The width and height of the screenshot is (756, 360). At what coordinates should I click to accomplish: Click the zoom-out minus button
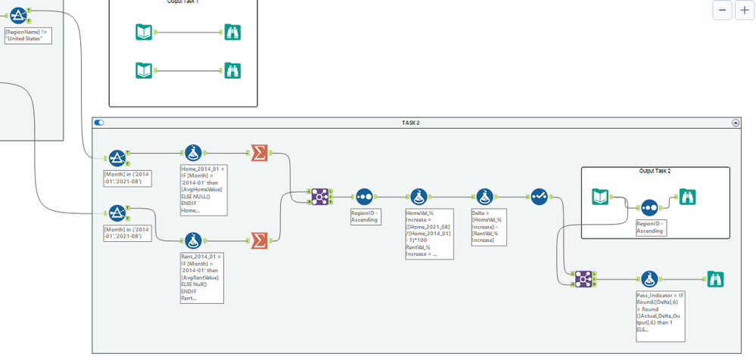[x=723, y=10]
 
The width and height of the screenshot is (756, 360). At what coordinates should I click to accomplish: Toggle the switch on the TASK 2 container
[x=99, y=123]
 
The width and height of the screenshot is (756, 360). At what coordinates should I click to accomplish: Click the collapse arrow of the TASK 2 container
[x=734, y=123]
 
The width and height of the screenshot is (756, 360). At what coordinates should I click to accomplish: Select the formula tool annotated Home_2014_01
[x=192, y=154]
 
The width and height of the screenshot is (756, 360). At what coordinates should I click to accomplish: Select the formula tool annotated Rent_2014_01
[x=192, y=240]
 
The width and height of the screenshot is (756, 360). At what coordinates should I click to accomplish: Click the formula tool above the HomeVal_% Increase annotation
[x=420, y=197]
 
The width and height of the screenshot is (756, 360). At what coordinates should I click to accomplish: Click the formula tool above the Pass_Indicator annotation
[x=649, y=278]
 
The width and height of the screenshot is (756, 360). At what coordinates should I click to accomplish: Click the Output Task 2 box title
[x=655, y=171]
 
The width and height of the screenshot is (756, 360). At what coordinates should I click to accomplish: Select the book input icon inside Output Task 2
[x=601, y=197]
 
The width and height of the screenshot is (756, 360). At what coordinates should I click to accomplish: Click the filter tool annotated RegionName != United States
[x=19, y=14]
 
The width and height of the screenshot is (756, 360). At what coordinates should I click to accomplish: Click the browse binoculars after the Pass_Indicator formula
[x=714, y=278]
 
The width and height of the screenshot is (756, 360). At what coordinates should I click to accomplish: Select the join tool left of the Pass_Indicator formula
[x=582, y=278]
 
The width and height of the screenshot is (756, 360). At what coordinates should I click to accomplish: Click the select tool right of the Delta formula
[x=539, y=197]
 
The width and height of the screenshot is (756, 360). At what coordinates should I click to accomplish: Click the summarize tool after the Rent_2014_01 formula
[x=258, y=240]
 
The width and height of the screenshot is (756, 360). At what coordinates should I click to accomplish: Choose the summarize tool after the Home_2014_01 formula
[x=258, y=154]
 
